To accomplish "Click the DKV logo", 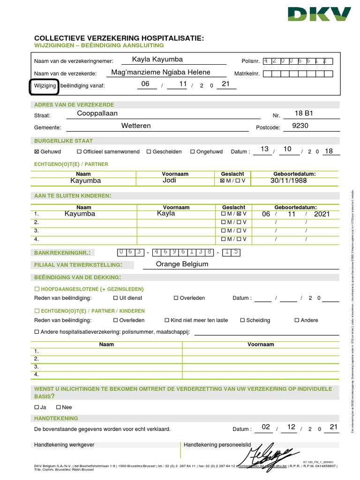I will pos(319,15).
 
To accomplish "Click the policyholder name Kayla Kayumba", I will pos(157,60).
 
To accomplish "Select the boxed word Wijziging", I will pos(44,86).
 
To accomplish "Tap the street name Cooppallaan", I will pos(97,113).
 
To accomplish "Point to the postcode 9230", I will pos(300,126).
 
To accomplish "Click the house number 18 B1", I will pos(303,113).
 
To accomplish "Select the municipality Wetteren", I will pos(136,126).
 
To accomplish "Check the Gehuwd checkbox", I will pos(37,152).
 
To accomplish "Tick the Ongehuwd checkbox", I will pos(193,152).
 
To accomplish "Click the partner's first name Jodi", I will pos(169,180).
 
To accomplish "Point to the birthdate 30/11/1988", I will pos(289,180).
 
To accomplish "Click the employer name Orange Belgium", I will pos(182,264).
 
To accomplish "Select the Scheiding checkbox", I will pos(242,321).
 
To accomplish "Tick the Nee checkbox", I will pos(59,407).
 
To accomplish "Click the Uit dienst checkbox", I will pos(116,298).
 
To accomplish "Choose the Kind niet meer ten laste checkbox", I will pos(167,321).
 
